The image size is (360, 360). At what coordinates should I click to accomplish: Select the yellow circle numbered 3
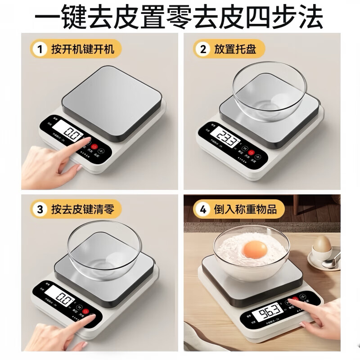tap(40, 209)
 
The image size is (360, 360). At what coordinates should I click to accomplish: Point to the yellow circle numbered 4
tap(203, 209)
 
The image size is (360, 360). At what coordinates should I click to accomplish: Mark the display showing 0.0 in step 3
tap(62, 298)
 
